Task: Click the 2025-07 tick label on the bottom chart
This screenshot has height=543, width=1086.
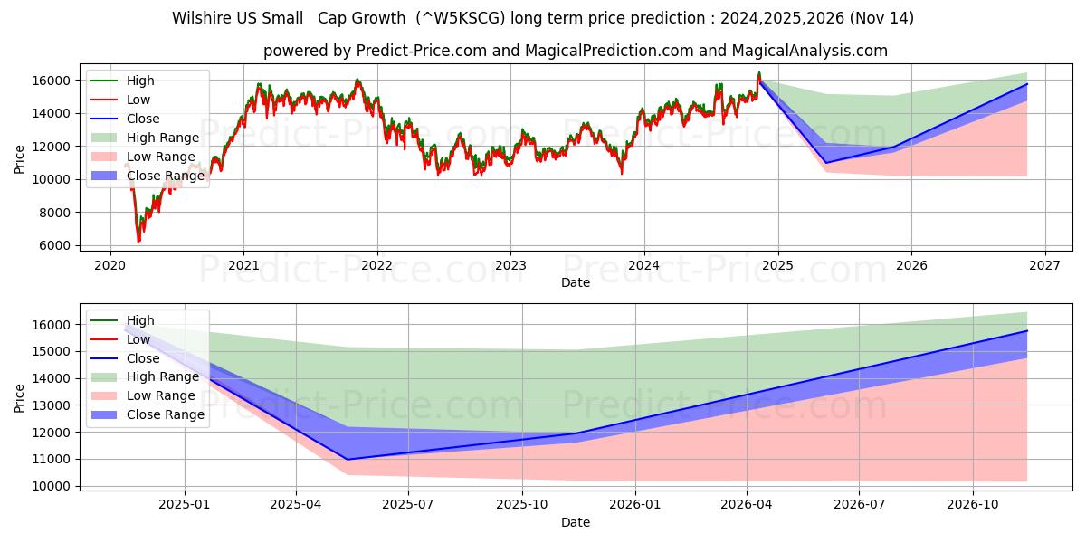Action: pyautogui.click(x=408, y=504)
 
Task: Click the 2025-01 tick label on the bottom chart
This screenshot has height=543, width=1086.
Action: pyautogui.click(x=185, y=504)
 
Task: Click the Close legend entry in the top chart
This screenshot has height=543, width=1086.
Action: pyautogui.click(x=143, y=119)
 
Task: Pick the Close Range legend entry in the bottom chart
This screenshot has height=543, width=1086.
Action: pyautogui.click(x=166, y=414)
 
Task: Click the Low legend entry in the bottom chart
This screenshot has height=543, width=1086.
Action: pyautogui.click(x=138, y=339)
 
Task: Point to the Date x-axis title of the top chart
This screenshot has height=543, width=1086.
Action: pyautogui.click(x=576, y=282)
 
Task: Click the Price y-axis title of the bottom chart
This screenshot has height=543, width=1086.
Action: pyautogui.click(x=20, y=397)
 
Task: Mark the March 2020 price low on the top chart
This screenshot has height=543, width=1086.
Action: pyautogui.click(x=138, y=242)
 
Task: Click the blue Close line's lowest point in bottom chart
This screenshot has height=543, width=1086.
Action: pyautogui.click(x=348, y=459)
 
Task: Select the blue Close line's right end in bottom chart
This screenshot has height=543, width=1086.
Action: pyautogui.click(x=1027, y=331)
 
